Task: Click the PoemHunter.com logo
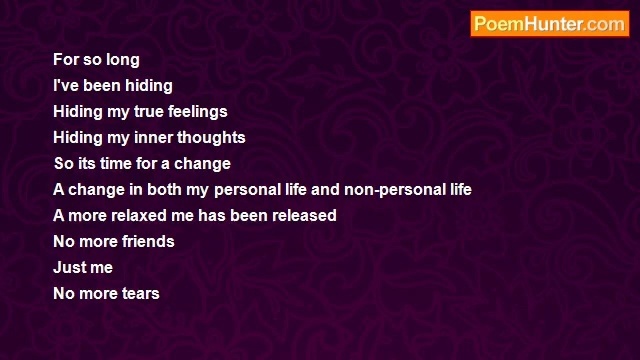550,24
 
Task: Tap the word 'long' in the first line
123,60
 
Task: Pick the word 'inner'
153,137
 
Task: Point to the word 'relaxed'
139,215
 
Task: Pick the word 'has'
212,215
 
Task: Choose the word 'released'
304,215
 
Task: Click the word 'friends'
148,241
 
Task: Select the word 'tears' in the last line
141,293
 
